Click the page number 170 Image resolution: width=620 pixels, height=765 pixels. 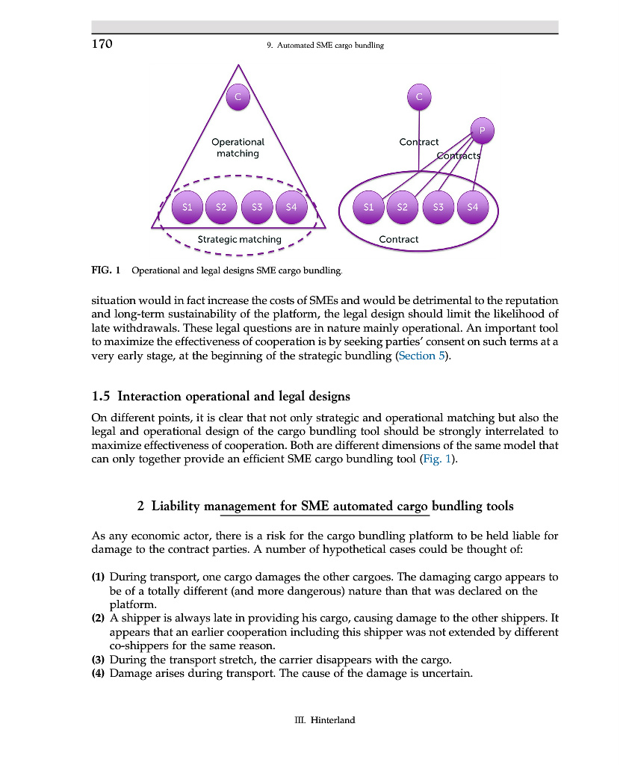coord(102,44)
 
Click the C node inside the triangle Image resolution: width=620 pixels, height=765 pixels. coord(238,96)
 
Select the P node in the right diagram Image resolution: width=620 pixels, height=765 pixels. coord(482,130)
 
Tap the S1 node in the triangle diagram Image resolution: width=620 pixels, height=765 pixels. coord(187,207)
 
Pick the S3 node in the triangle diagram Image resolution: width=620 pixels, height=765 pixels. coord(256,207)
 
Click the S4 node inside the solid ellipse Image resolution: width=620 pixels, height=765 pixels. coord(471,207)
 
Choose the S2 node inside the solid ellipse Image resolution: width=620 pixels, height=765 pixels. coord(402,207)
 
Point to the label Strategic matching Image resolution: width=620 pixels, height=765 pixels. coord(239,239)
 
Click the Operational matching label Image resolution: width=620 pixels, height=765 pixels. coord(238,147)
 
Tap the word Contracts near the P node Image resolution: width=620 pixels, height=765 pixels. coord(458,155)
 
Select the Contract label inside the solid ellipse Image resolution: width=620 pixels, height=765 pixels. coord(398,239)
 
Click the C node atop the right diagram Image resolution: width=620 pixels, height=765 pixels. coord(419,96)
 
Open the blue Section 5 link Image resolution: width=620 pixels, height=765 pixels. coord(424,356)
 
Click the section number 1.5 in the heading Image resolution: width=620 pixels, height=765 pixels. coord(102,395)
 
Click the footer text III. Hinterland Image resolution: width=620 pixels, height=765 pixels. coord(323,720)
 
